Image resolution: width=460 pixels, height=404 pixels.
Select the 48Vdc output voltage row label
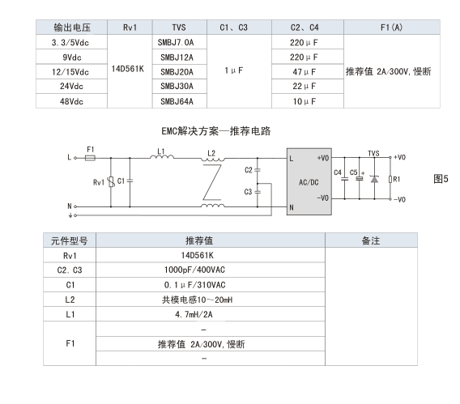click(x=71, y=101)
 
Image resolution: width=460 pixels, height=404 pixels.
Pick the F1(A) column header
click(x=392, y=28)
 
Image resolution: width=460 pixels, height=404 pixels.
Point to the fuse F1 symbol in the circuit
click(x=90, y=158)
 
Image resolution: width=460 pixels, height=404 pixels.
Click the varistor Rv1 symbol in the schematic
click(x=111, y=182)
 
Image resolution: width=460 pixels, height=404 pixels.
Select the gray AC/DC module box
click(x=309, y=181)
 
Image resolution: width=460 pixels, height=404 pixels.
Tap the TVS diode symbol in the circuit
click(x=374, y=179)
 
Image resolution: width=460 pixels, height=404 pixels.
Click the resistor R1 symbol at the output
click(x=390, y=179)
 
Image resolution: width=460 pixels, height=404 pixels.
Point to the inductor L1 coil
click(x=162, y=157)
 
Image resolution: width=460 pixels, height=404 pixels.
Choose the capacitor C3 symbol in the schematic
click(x=258, y=192)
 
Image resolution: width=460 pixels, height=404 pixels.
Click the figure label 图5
click(x=441, y=179)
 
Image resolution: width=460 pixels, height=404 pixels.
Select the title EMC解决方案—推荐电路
click(x=216, y=131)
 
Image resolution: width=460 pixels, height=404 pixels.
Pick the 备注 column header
click(x=371, y=240)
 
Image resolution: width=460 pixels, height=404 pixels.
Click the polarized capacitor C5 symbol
click(x=360, y=178)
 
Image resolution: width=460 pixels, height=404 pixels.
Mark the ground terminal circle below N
click(x=75, y=215)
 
